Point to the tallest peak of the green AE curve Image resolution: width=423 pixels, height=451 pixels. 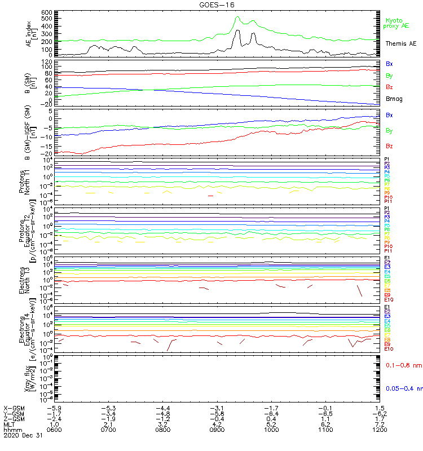[x=237, y=17]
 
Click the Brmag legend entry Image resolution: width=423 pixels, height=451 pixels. [x=393, y=99]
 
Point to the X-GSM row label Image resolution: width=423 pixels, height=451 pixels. [x=15, y=408]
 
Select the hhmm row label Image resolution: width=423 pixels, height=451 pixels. [x=11, y=430]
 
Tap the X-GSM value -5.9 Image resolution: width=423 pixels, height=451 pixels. [x=54, y=408]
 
